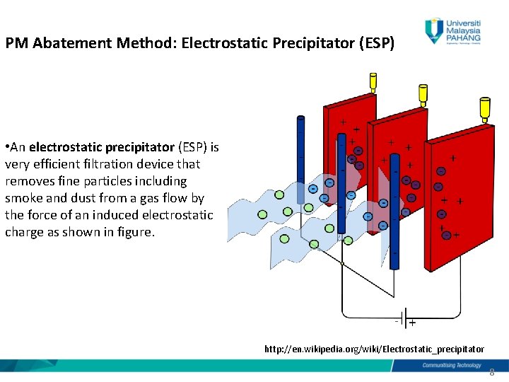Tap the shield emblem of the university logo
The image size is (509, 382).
coord(433,30)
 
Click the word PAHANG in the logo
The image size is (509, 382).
coord(464,39)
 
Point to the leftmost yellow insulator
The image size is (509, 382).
coord(373,82)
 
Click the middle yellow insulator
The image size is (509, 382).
coord(423,93)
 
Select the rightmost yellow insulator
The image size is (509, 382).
coord(484,108)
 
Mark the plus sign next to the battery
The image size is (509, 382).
coord(412,323)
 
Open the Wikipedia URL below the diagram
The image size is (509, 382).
coord(374,349)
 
